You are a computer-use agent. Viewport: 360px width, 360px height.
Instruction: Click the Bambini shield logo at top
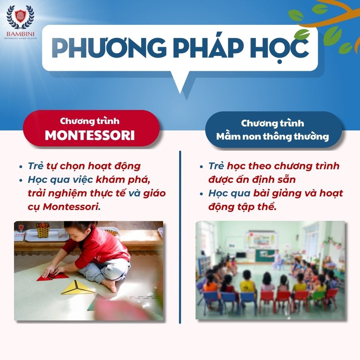click(x=20, y=17)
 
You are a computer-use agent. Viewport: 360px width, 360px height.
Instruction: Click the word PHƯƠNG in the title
click(x=109, y=47)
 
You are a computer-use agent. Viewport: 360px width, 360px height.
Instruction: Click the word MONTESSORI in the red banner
click(x=90, y=136)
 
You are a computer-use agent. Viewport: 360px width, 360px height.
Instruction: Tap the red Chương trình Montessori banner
click(x=91, y=128)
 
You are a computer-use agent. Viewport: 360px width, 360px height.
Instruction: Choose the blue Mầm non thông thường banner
click(x=273, y=130)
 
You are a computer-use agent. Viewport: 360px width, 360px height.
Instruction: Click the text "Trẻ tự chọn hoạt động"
click(x=84, y=166)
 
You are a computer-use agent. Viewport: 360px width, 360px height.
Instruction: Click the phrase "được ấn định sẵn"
click(x=252, y=180)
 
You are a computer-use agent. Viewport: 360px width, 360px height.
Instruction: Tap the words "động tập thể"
click(x=242, y=207)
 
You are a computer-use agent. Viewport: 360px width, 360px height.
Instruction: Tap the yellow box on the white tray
click(x=43, y=230)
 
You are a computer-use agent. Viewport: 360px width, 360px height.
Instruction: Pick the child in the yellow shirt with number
click(x=247, y=282)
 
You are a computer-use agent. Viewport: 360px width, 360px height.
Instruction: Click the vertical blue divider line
click(x=180, y=237)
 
